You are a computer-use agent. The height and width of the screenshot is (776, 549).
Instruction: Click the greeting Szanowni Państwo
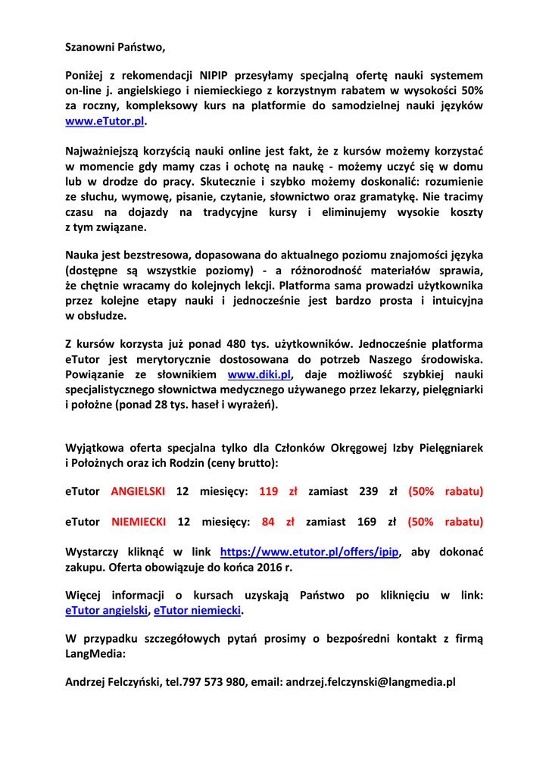114,47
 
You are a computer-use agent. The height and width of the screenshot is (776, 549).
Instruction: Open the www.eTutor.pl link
104,120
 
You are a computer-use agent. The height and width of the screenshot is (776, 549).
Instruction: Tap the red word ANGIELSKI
138,491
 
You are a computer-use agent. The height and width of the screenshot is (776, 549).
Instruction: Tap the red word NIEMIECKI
138,521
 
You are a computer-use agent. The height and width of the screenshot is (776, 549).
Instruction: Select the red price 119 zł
278,491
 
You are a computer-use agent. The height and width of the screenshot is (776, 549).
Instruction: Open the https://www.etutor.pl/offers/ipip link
310,552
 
